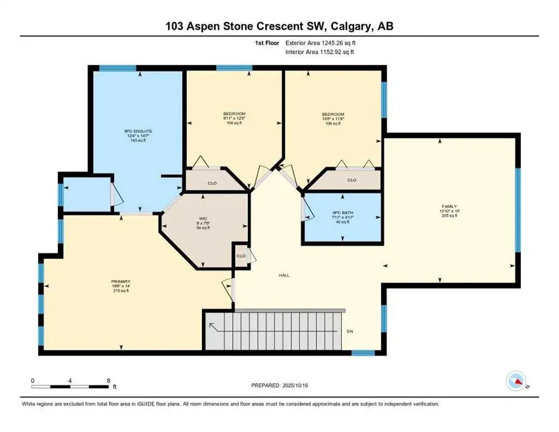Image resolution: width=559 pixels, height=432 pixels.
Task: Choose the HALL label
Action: pos(284,276)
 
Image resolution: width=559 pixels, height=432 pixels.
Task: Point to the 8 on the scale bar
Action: pos(107,381)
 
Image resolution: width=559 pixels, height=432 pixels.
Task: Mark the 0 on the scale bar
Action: pos(33,381)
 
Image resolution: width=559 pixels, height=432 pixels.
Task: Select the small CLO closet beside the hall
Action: pos(241,255)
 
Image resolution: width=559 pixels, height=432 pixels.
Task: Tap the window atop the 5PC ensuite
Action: pos(118,69)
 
